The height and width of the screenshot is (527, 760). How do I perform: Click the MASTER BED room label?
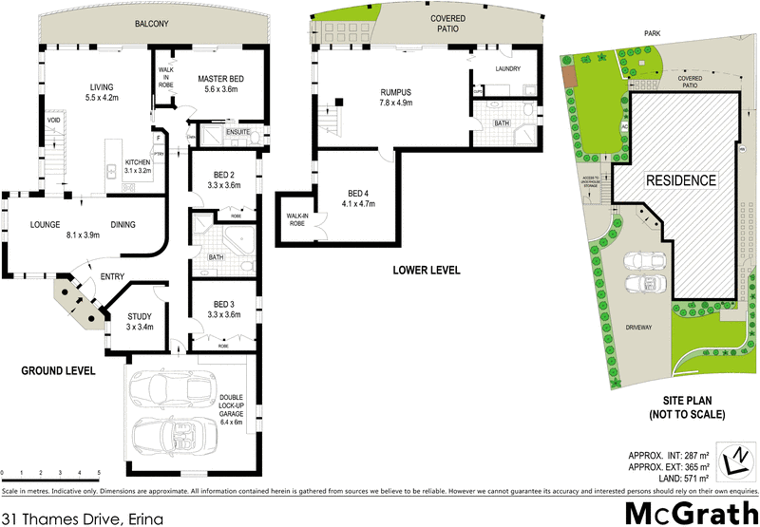pos(224,78)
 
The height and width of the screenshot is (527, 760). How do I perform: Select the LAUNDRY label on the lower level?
pos(510,69)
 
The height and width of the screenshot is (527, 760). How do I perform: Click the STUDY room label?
pos(140,316)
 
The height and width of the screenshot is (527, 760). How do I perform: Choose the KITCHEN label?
pos(139,162)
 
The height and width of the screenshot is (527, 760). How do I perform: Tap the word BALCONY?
pos(153,23)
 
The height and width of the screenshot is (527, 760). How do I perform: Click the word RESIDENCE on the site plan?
pos(681,179)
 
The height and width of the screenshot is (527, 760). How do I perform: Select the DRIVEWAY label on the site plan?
pos(637,328)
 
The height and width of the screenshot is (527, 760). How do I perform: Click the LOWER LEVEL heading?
pos(427,271)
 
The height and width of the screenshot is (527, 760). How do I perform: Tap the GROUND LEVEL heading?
pos(58,370)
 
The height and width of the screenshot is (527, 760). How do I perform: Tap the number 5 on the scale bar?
pos(98,472)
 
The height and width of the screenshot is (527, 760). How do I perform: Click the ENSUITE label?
pos(237,131)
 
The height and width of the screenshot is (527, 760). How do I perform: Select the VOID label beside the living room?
pos(54,121)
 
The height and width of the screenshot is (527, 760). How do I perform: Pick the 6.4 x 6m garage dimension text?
pos(232,422)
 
